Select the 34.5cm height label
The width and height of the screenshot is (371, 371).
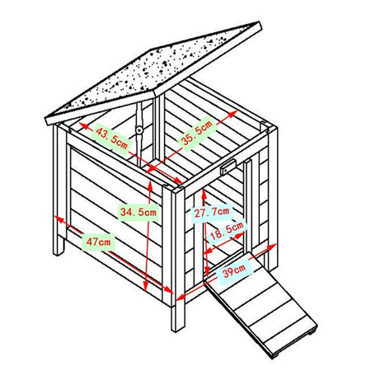tap(138, 212)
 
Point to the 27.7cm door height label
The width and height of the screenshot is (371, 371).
tap(212, 212)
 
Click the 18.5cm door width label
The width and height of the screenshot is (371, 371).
tap(227, 230)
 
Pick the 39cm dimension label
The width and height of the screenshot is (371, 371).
tap(234, 270)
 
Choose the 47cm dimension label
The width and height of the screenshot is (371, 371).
tap(98, 242)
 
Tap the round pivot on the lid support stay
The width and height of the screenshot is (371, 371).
tap(139, 129)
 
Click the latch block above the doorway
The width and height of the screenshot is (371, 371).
tap(228, 167)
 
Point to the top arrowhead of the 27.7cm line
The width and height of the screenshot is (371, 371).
tap(204, 193)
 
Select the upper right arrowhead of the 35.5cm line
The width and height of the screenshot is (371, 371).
tap(232, 114)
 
